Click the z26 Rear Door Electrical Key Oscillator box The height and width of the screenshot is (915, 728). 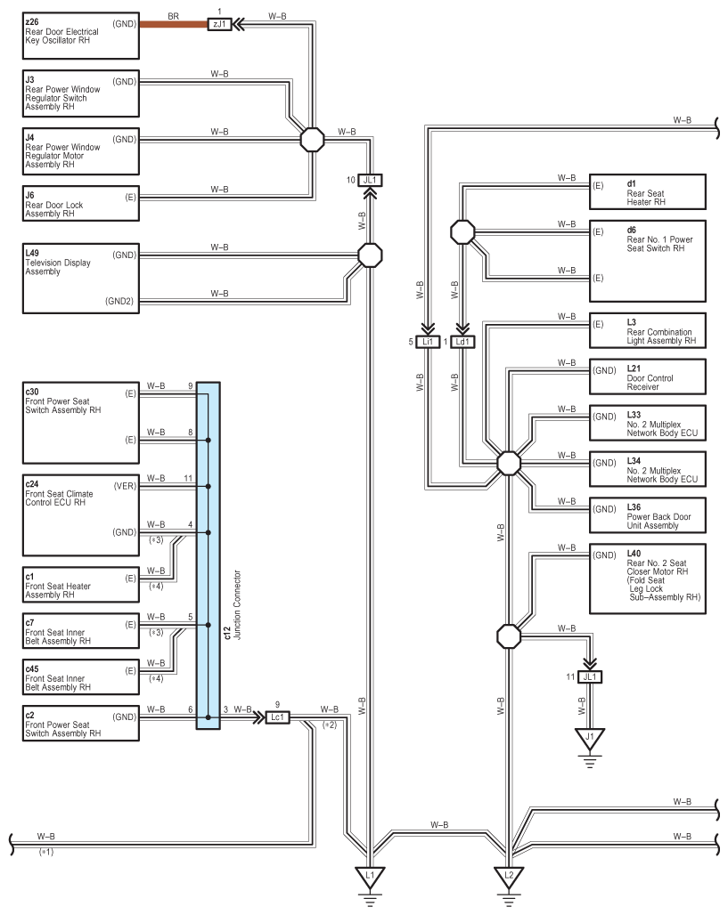[x=80, y=36]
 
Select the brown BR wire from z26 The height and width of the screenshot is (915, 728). [x=174, y=24]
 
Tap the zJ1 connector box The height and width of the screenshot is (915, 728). [x=220, y=24]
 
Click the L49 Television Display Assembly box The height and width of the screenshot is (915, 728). [x=80, y=279]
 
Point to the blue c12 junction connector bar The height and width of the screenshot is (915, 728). [x=208, y=555]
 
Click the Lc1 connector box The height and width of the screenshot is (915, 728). [x=277, y=717]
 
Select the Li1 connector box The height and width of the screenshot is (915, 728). [x=428, y=342]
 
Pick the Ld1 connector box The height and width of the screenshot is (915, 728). [x=462, y=342]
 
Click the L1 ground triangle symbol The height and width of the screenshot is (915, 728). [x=370, y=877]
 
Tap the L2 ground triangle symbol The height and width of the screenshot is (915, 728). [x=509, y=877]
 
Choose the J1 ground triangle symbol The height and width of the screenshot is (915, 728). [x=590, y=738]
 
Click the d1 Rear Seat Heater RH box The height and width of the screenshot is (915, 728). [x=648, y=191]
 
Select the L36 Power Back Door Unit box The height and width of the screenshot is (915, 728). [x=648, y=515]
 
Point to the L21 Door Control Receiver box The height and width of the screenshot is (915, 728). [x=648, y=377]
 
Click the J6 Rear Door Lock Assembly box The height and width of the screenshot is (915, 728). [x=80, y=203]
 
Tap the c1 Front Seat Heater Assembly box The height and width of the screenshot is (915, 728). [x=80, y=585]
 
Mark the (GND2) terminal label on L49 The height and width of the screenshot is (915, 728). [x=119, y=301]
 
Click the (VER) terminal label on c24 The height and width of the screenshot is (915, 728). [x=125, y=485]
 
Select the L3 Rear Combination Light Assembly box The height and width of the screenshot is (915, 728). [x=648, y=330]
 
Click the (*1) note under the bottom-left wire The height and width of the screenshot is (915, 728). [x=46, y=852]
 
